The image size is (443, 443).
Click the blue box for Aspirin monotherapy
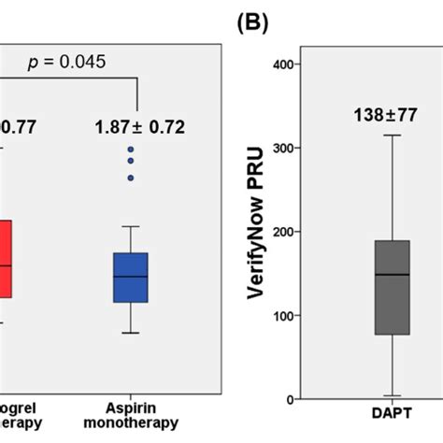tap(131, 277)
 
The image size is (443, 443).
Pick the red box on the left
tap(6, 259)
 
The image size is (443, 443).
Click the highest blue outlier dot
tap(131, 150)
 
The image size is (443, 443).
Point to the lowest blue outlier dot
tap(131, 178)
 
